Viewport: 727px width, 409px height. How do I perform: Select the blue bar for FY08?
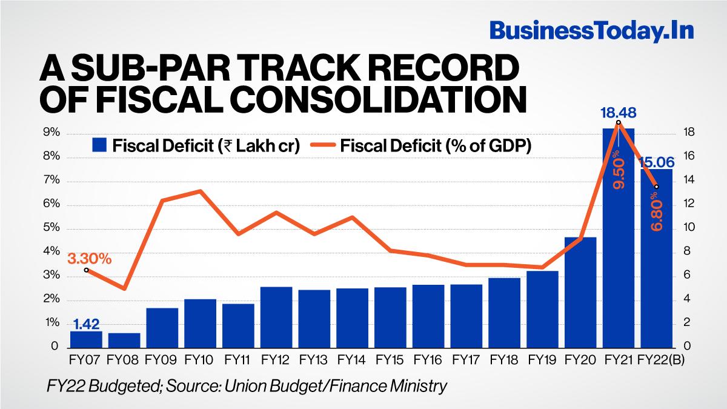pos(124,341)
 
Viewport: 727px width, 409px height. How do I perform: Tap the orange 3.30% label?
pos(89,259)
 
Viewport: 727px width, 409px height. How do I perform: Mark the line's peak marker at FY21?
pos(619,123)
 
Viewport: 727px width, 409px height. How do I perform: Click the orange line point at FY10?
pos(200,191)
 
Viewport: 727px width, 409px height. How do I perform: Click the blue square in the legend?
pos(99,145)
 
